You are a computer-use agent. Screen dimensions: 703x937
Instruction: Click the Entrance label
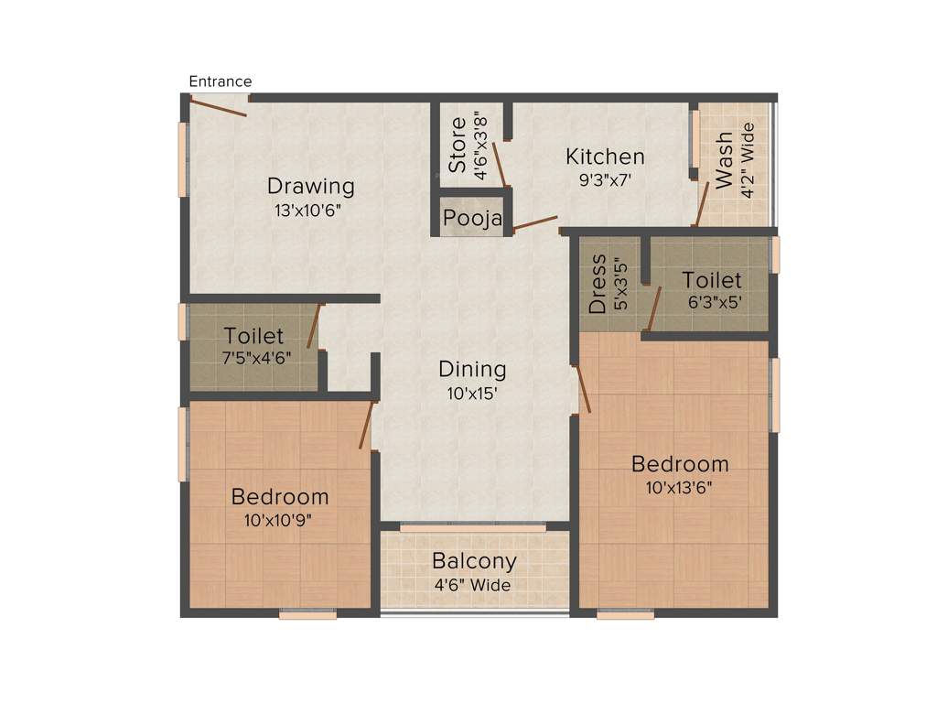(220, 81)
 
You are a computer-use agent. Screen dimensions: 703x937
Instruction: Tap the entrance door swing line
(218, 107)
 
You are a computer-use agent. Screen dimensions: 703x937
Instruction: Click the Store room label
(458, 145)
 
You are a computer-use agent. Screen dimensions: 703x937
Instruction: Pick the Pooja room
(472, 219)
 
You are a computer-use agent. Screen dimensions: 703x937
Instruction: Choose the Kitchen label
(605, 157)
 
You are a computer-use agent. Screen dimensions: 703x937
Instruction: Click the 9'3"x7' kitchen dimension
(605, 179)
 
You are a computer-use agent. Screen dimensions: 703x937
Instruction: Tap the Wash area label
(724, 161)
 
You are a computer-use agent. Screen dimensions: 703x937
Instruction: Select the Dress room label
(598, 285)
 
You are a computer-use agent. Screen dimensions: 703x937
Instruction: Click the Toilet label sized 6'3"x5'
(712, 280)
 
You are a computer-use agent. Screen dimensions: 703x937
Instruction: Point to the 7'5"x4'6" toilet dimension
(254, 358)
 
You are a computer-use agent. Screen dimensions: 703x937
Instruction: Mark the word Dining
(472, 370)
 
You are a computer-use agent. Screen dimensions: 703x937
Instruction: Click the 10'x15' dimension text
(472, 393)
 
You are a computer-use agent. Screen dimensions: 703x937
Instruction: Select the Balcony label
(474, 561)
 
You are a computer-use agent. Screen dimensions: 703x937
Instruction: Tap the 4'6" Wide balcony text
(474, 585)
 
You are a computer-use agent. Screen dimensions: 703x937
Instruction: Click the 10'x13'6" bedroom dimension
(680, 487)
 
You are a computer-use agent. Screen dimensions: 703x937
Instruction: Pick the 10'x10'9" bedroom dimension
(279, 521)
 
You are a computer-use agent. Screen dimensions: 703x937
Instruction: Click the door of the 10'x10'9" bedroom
(366, 425)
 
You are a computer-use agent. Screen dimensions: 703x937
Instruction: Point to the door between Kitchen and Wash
(702, 202)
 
